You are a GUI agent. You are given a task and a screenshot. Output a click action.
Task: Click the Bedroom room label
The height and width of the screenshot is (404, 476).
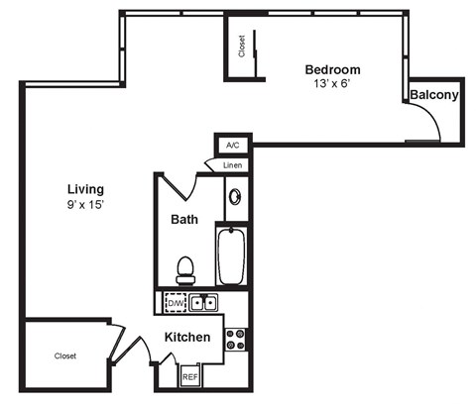[x=332, y=69]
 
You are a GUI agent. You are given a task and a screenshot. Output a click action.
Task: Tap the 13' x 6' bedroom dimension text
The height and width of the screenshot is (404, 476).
[x=332, y=84]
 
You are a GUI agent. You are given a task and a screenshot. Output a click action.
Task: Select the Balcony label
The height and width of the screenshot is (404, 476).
[x=433, y=95]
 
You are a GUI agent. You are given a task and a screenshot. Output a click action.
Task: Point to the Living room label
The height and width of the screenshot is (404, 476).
[x=85, y=189]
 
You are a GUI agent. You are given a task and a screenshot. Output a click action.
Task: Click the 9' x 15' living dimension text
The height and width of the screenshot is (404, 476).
[x=85, y=205]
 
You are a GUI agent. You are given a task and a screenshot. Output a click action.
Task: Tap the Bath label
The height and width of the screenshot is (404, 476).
[x=185, y=219]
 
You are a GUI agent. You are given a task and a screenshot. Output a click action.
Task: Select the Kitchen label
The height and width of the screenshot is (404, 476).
[x=186, y=337]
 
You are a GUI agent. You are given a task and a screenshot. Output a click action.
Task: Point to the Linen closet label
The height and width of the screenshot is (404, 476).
[x=232, y=164]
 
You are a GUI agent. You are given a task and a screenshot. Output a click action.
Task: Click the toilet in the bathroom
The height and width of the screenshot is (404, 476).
[x=184, y=267]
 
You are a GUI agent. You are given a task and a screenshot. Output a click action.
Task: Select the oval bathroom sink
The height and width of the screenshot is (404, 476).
[x=235, y=197]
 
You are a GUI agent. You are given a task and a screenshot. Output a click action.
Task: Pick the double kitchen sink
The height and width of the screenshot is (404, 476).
[x=204, y=302]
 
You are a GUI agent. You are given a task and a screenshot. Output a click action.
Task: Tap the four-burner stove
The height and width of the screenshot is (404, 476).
[x=236, y=340]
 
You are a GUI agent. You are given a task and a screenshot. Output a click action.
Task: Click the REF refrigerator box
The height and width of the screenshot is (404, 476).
[x=190, y=376]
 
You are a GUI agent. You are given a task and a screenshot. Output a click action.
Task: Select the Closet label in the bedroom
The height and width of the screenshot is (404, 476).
[x=241, y=46]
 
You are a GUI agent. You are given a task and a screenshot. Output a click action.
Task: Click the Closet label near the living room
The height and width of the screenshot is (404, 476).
[x=65, y=355]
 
